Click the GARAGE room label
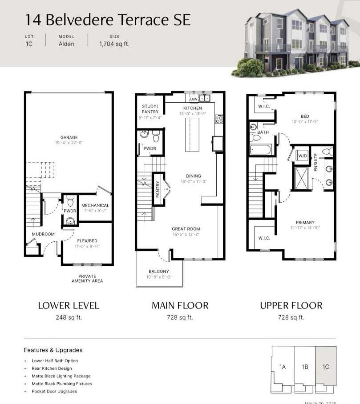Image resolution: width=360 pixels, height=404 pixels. pyautogui.click(x=69, y=137)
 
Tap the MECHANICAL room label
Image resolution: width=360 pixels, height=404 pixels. pyautogui.click(x=95, y=205)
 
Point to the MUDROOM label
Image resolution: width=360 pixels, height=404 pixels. pyautogui.click(x=43, y=234)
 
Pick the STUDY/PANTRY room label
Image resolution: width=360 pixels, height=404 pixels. pyautogui.click(x=150, y=109)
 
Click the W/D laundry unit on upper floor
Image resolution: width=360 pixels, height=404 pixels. pyautogui.click(x=303, y=156)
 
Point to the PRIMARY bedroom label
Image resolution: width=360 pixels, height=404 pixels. pyautogui.click(x=305, y=222)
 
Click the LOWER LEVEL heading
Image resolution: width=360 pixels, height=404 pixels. pyautogui.click(x=69, y=305)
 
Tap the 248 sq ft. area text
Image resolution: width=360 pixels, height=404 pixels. pyautogui.click(x=69, y=317)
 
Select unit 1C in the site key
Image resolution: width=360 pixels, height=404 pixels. pyautogui.click(x=326, y=367)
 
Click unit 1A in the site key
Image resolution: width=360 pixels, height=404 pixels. pyautogui.click(x=283, y=367)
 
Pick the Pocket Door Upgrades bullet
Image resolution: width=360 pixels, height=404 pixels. pyautogui.click(x=54, y=391)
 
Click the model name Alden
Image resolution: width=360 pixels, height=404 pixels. pyautogui.click(x=66, y=44)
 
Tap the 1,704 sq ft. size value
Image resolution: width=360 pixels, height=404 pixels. pyautogui.click(x=114, y=44)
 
